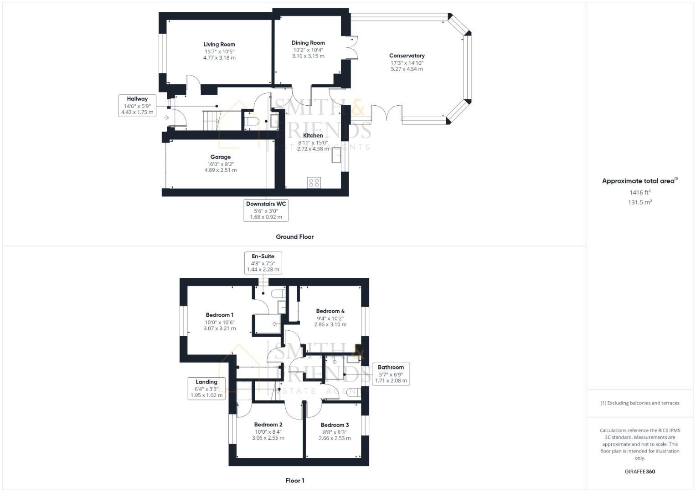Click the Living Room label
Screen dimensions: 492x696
point(219,45)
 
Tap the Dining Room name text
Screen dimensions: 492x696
point(308,43)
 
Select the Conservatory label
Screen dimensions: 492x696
point(407,56)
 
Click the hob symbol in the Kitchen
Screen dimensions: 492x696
point(314,182)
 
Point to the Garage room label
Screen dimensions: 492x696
point(220,157)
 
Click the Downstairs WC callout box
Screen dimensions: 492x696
point(266,210)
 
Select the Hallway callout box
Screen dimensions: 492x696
point(137,105)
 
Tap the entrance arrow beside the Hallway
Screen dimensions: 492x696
point(166,118)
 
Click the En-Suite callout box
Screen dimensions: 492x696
point(263,263)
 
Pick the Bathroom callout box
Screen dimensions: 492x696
point(391,374)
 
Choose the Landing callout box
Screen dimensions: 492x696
point(206,389)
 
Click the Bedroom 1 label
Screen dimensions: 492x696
point(220,315)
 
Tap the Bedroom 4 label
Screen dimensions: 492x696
point(330,311)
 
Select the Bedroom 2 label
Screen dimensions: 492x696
point(268,425)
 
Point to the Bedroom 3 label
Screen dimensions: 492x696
point(335,425)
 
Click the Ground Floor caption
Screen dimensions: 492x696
point(294,237)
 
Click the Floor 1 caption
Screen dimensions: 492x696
point(294,481)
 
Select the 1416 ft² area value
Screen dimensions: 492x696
point(640,193)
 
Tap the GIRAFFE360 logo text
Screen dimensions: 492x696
point(640,471)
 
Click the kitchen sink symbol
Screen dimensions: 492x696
point(337,156)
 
